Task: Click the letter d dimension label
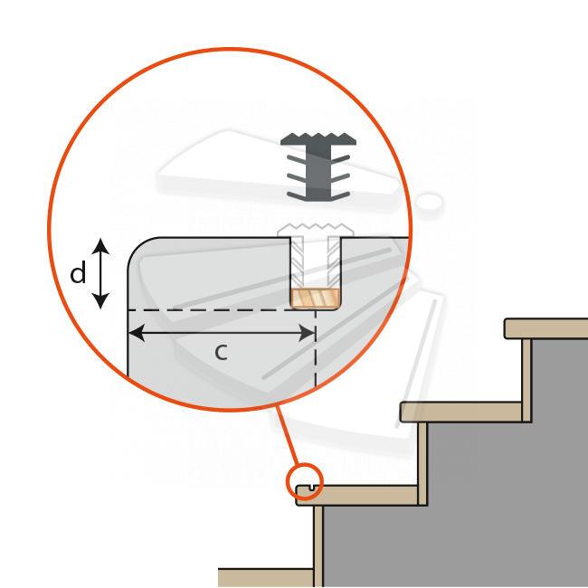pos(78,273)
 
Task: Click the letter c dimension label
pos(222,353)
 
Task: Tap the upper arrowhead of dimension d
pos(100,246)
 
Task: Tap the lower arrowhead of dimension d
pos(100,300)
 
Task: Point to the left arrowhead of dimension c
pos(137,333)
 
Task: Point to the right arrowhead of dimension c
pos(307,333)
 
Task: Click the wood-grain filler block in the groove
pos(316,299)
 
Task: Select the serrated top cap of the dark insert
pos(318,139)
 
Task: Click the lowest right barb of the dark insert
pos(340,195)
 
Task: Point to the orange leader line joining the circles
pos(288,436)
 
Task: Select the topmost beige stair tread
pos(546,329)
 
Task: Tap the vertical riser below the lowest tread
pos(318,546)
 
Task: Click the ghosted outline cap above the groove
pos(316,230)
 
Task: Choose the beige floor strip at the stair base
pos(266,578)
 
